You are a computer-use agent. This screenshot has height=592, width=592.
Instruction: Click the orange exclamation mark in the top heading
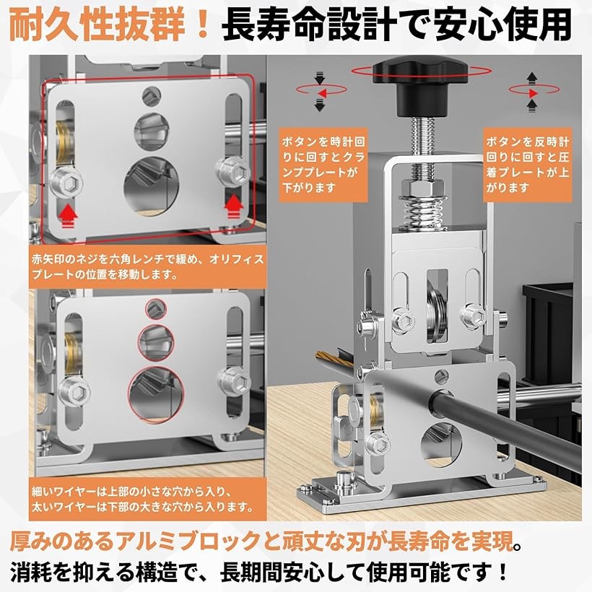click(x=204, y=25)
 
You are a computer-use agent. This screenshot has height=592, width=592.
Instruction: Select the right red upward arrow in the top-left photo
click(x=234, y=206)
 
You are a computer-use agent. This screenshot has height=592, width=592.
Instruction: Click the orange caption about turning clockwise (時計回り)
click(x=323, y=165)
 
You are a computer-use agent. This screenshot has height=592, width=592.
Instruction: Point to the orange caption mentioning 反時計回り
click(x=528, y=165)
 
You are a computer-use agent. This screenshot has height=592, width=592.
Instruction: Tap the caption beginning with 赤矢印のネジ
click(x=147, y=266)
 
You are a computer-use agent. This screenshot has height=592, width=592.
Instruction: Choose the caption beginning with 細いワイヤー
click(x=147, y=498)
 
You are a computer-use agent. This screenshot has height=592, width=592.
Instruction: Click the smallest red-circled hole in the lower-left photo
click(x=156, y=309)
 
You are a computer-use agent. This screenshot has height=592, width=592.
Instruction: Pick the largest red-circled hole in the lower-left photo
click(x=156, y=393)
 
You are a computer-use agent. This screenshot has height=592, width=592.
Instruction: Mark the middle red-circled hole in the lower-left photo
click(x=156, y=342)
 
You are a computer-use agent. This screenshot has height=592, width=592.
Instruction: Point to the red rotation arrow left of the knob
click(x=321, y=91)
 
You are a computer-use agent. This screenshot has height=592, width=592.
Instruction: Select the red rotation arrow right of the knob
click(x=534, y=91)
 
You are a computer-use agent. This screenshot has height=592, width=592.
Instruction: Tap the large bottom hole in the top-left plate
click(x=152, y=186)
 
